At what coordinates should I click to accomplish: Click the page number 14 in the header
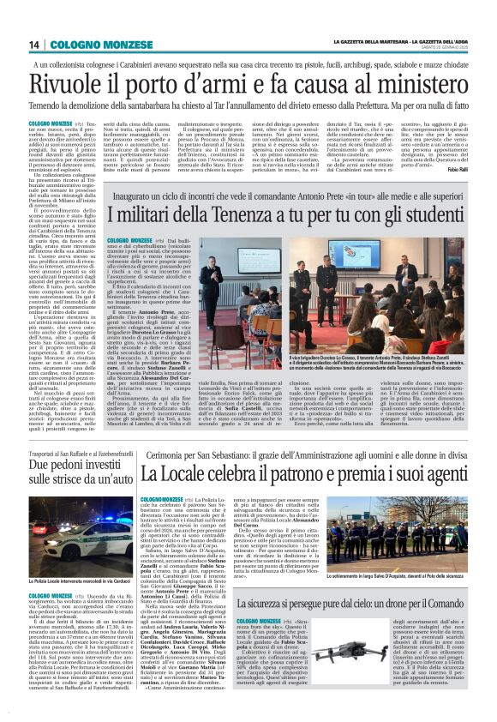point(35,45)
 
